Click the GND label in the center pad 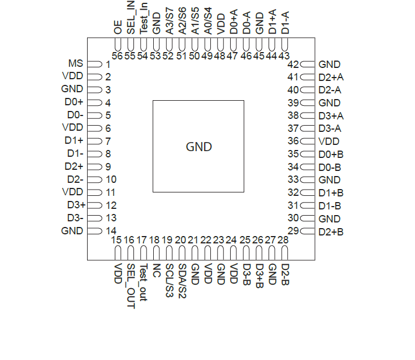(x=198, y=147)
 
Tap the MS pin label (x=75, y=63)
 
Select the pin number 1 (x=107, y=64)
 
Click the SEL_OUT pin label (x=131, y=286)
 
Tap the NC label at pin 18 (x=157, y=269)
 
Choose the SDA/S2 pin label (x=182, y=280)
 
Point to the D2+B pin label (x=331, y=232)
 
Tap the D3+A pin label (x=331, y=115)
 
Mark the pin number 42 (x=293, y=65)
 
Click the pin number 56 (x=118, y=56)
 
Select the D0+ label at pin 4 (x=74, y=102)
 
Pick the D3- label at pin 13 (x=75, y=218)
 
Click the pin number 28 (x=283, y=240)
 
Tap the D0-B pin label (x=330, y=167)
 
